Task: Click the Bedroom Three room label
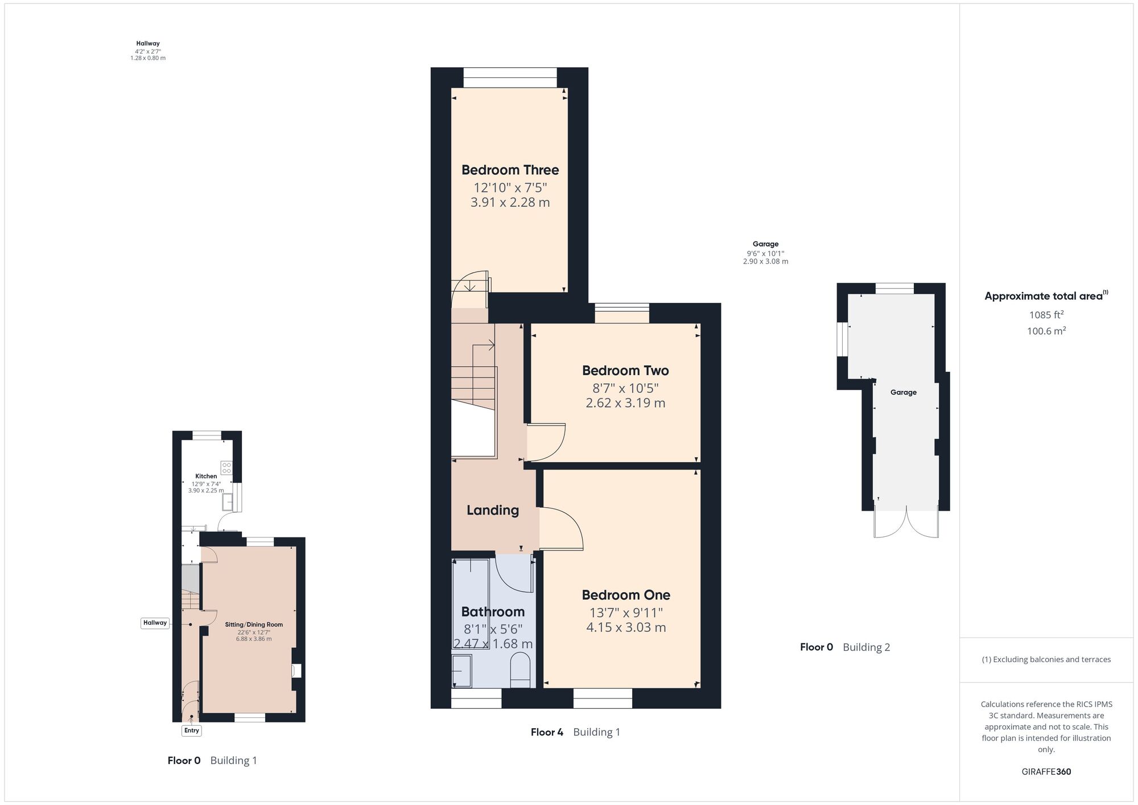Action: click(510, 170)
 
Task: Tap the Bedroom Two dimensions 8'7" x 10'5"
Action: click(625, 388)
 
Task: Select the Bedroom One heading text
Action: click(626, 595)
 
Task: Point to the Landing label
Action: click(493, 510)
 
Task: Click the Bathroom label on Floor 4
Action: click(493, 612)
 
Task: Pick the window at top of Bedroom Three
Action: click(510, 77)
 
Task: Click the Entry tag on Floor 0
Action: click(192, 730)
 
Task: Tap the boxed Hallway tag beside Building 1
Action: click(155, 623)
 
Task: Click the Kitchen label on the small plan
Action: click(206, 476)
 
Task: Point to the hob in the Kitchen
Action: click(226, 467)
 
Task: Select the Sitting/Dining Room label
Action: click(254, 625)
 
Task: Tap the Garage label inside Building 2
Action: click(904, 392)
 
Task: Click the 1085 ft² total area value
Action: click(1046, 314)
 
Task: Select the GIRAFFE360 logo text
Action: click(1046, 772)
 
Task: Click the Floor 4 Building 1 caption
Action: click(575, 732)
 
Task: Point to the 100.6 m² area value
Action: click(1046, 331)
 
